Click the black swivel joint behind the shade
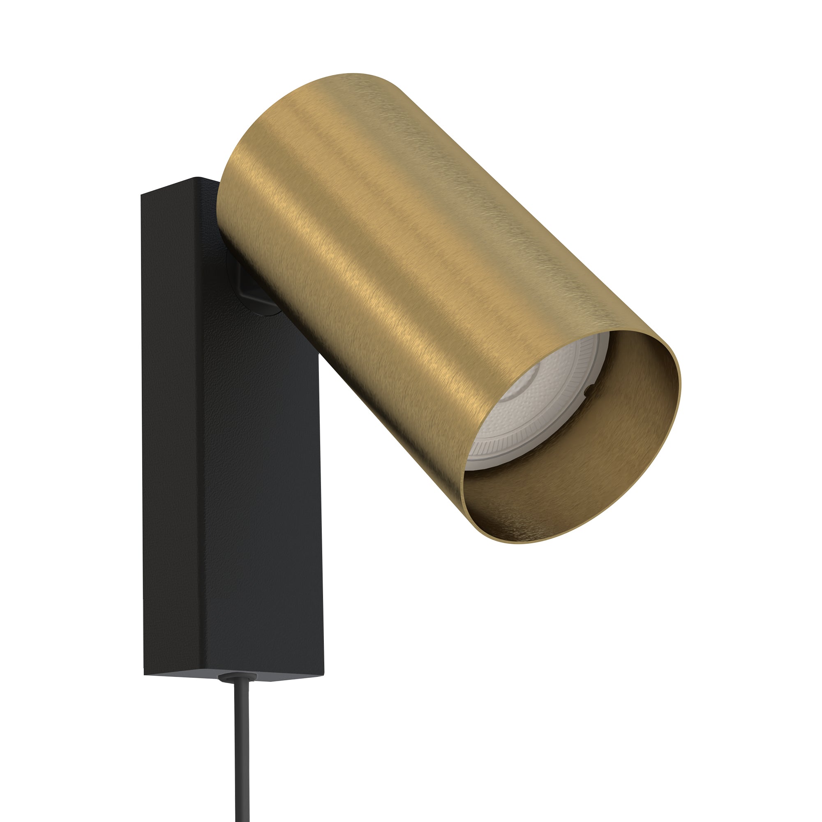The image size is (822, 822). click(247, 285)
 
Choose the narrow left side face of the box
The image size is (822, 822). click(170, 425)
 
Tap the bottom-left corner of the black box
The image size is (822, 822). click(145, 674)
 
